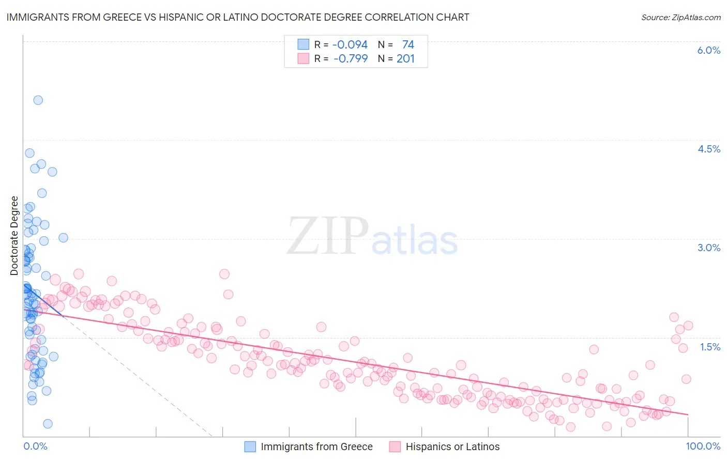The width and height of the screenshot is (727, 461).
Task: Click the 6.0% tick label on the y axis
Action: coord(708,50)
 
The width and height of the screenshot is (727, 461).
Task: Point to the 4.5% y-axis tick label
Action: coord(708,149)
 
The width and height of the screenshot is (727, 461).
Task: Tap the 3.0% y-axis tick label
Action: coord(708,248)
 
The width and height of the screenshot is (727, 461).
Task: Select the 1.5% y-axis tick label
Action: coord(710,347)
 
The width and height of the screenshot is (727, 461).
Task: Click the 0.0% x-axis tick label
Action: coord(35,446)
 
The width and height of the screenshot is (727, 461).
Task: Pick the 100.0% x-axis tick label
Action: coord(703,446)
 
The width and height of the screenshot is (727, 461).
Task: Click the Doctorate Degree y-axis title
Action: coord(14,236)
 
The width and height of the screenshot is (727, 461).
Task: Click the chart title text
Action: coord(238,17)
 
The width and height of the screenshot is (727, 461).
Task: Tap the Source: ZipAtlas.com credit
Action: coord(680,18)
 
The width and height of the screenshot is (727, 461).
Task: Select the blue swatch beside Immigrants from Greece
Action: coord(250,447)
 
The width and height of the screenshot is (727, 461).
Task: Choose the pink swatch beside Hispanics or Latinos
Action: coord(395,447)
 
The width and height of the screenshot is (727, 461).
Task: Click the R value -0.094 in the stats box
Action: coord(350,44)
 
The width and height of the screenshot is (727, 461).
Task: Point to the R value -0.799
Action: coord(351,58)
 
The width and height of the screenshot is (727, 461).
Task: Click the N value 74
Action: coord(408,44)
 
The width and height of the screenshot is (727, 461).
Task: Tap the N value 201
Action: coord(405,58)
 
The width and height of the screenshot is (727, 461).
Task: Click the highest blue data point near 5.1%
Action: coord(38,100)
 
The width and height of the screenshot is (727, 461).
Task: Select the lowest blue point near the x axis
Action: coord(48,424)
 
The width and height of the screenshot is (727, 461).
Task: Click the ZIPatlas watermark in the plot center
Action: coord(372,237)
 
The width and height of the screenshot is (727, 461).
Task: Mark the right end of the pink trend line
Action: coord(688,414)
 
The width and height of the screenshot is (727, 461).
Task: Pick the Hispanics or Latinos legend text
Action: coord(452,447)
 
